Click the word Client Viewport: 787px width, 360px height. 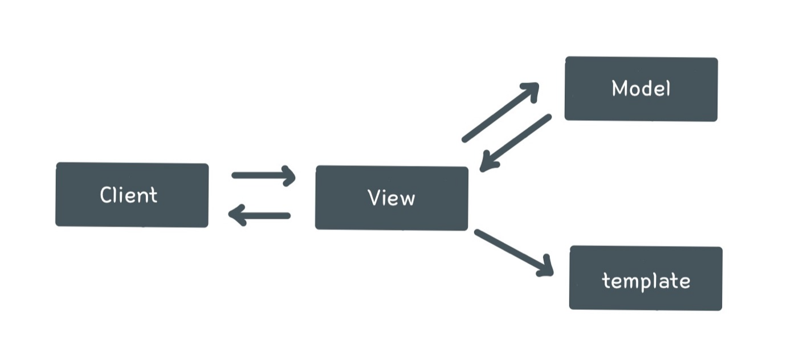coord(129,195)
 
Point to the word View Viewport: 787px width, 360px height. coord(392,198)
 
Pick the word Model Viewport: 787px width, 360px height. coord(641,88)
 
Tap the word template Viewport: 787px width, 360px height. coord(646,280)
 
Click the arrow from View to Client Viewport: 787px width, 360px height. coord(260,215)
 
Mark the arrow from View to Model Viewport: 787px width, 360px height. coord(500,112)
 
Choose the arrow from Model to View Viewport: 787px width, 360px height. coord(516,142)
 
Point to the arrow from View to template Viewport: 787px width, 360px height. coord(513,252)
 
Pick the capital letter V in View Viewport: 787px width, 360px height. coord(374,198)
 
